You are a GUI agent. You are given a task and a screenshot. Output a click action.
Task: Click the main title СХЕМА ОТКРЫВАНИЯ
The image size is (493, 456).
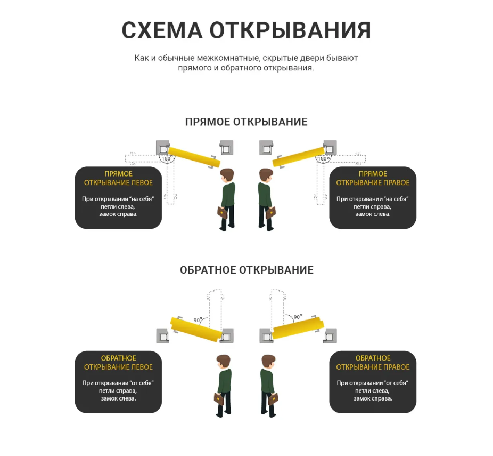pos(246,30)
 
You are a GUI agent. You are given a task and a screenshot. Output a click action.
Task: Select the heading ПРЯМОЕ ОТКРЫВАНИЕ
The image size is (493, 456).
pos(246,122)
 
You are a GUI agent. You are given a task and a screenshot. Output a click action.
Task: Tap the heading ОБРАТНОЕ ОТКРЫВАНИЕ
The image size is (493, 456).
pos(246,270)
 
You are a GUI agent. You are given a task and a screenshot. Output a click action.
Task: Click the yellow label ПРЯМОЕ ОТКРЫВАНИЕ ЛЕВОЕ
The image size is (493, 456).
pos(118,178)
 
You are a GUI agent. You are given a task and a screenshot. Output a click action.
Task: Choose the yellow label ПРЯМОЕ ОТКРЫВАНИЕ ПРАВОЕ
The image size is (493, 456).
pos(373,178)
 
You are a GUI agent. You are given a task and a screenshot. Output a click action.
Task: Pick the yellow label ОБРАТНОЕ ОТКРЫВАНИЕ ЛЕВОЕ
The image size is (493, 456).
pos(118,363)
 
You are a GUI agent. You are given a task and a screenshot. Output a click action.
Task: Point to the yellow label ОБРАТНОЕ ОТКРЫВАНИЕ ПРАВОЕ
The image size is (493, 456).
pos(373,363)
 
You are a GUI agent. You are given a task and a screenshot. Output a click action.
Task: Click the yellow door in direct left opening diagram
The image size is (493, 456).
pos(194,157)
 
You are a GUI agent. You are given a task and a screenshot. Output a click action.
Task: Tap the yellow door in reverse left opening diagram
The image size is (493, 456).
pos(196,330)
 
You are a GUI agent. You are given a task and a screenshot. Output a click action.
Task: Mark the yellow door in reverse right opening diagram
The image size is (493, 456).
pos(298,328)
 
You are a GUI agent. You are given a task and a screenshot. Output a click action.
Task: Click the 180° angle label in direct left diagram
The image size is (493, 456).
pos(167,158)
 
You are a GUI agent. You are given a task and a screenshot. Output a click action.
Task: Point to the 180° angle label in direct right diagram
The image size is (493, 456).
pos(324,158)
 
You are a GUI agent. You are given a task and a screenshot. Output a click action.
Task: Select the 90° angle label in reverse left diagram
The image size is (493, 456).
pos(198,319)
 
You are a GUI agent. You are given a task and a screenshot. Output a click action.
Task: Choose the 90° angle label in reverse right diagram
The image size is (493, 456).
pos(298,316)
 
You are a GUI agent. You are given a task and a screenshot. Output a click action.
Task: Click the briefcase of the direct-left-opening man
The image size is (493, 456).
pos(223,213)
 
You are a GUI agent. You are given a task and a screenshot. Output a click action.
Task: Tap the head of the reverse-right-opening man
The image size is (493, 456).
pos(268,361)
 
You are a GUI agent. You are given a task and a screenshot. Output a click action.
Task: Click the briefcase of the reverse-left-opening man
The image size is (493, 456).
pos(219,399)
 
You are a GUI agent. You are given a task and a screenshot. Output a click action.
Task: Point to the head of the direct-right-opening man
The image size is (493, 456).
pos(266,175)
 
